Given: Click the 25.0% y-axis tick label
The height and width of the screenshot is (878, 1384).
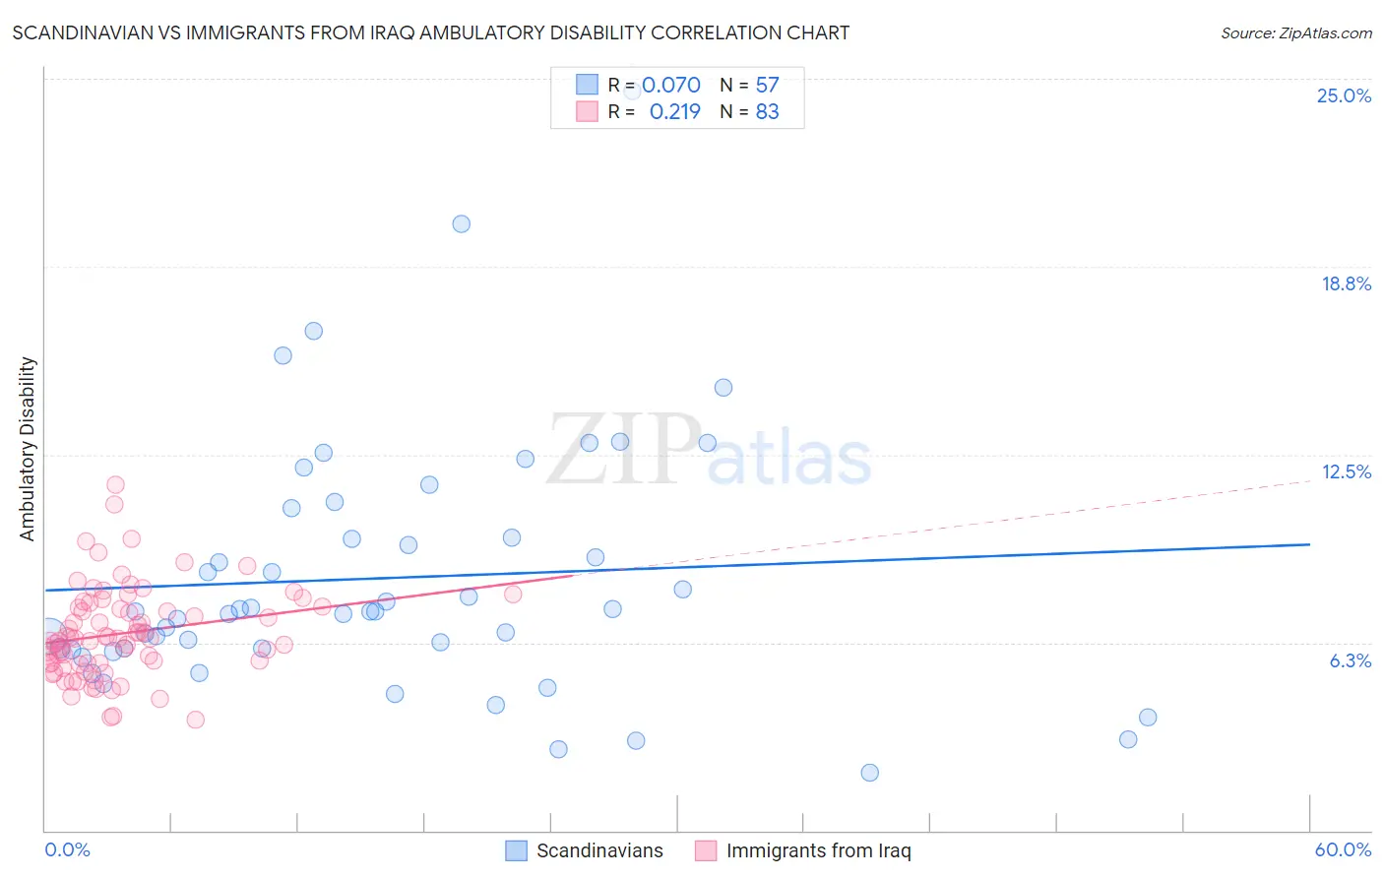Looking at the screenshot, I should (x=1344, y=95).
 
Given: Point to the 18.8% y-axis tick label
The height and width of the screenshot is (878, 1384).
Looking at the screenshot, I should (x=1346, y=283).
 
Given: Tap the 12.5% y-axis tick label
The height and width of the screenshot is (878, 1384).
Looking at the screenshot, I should (x=1346, y=471).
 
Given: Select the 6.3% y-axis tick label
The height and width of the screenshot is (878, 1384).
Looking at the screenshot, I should (x=1350, y=660).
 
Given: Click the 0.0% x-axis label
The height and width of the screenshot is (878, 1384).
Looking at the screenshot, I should (x=67, y=849).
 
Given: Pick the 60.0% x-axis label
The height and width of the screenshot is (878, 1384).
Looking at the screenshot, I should (x=1343, y=849).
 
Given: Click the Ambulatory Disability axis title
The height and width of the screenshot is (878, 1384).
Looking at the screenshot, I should (x=28, y=449).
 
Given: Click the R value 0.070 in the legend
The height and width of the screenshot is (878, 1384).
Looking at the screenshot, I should (x=671, y=85).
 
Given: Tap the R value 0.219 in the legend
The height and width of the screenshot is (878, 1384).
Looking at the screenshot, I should (x=674, y=112).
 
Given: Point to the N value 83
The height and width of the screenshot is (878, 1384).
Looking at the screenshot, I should (x=767, y=112).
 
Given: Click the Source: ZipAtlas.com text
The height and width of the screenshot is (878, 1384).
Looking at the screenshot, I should (x=1295, y=32).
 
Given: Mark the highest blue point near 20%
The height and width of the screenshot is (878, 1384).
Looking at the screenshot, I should (x=461, y=223).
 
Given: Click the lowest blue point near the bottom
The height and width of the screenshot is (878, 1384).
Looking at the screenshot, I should (x=869, y=773).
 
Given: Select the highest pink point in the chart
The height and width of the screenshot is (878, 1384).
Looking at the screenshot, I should (x=115, y=484).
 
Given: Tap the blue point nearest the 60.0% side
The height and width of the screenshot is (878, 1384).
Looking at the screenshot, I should (x=1148, y=718).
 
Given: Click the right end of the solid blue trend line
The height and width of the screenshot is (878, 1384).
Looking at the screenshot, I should (x=1309, y=544).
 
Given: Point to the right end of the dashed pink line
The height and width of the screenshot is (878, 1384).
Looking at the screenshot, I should (x=1309, y=480).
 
